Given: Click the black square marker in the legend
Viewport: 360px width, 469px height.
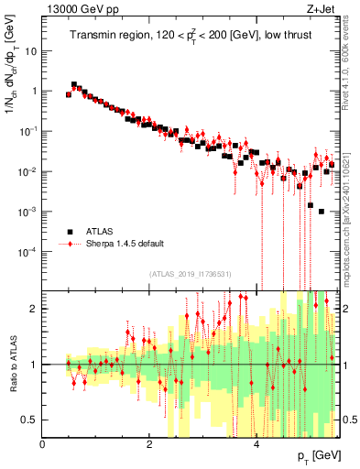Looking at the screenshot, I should [x=69, y=232].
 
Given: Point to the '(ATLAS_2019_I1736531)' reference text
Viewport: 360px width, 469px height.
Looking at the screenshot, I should [x=191, y=274].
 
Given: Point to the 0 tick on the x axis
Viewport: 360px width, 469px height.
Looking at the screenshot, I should [x=43, y=444].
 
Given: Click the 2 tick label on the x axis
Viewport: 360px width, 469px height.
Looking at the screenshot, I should [x=149, y=444].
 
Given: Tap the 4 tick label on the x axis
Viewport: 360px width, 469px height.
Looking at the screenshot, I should [x=256, y=444].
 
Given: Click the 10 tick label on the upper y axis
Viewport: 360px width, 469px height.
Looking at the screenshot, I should [x=30, y=51].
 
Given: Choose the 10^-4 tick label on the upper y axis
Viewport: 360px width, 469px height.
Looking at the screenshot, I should [x=27, y=252].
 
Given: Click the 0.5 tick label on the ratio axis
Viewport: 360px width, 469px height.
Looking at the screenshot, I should [x=27, y=420].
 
